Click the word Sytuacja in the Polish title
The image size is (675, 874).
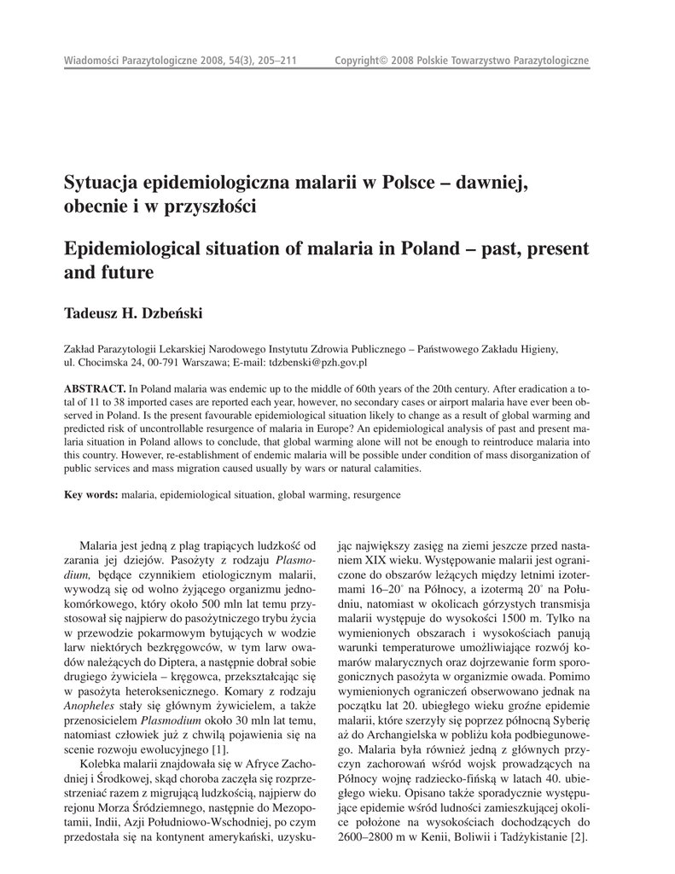[x=102, y=182]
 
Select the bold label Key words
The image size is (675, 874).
[x=91, y=494]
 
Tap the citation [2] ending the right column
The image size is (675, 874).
[x=579, y=836]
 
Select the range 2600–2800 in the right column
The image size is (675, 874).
[x=370, y=836]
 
